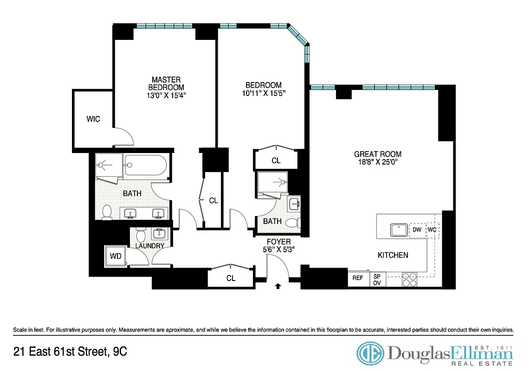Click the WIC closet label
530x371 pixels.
pyautogui.click(x=93, y=119)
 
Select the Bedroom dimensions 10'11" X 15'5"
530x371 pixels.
pyautogui.click(x=263, y=93)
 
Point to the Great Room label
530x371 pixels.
pyautogui.click(x=377, y=154)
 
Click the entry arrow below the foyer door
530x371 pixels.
pyautogui.click(x=278, y=286)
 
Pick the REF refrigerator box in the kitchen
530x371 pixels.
pyautogui.click(x=357, y=278)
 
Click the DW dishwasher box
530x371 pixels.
pyautogui.click(x=416, y=230)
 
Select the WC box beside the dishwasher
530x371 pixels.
pyautogui.click(x=432, y=230)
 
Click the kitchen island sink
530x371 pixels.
pyautogui.click(x=398, y=230)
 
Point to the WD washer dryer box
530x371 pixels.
pyautogui.click(x=115, y=256)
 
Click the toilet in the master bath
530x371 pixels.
pyautogui.click(x=107, y=212)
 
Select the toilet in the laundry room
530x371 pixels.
pyautogui.click(x=142, y=234)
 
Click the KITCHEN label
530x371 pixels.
pyautogui.click(x=393, y=255)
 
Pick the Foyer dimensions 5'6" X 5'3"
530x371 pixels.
pyautogui.click(x=278, y=249)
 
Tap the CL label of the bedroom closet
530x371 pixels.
pyautogui.click(x=276, y=161)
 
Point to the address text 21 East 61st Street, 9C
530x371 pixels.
pyautogui.click(x=70, y=352)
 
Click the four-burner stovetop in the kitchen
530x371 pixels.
pyautogui.click(x=409, y=279)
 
